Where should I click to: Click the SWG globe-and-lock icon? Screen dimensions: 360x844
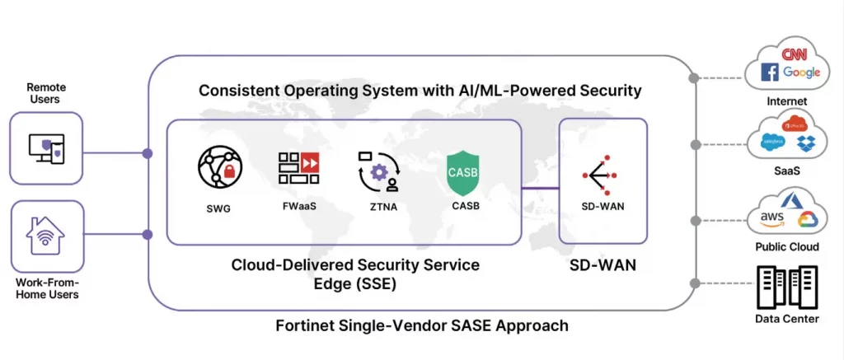click(x=220, y=168)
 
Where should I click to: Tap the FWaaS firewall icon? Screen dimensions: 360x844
click(x=298, y=168)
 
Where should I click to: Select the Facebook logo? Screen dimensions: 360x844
click(x=770, y=73)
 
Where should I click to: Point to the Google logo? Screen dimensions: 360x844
click(x=801, y=72)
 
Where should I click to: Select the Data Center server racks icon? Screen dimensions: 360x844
click(x=790, y=286)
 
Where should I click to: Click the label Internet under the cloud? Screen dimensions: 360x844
click(x=787, y=101)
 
